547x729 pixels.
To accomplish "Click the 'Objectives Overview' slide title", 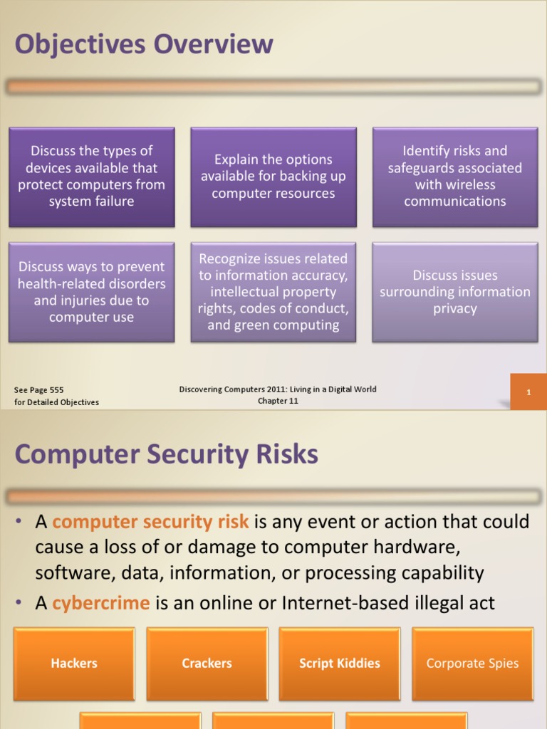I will (x=144, y=45).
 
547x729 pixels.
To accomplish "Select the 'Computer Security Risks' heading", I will (x=166, y=454).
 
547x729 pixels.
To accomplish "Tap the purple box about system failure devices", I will (x=91, y=177).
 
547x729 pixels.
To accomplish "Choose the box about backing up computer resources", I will (x=273, y=177).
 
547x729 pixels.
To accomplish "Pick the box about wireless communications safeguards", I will (x=455, y=177).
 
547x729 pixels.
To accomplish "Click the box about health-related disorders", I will (x=91, y=292).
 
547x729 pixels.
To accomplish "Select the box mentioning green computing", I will (x=273, y=292).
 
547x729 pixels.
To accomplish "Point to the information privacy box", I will (x=455, y=292).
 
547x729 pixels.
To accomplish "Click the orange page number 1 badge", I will (x=528, y=392).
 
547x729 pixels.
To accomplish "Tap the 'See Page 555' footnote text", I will (x=39, y=390).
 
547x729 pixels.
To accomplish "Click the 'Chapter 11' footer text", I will (x=278, y=401).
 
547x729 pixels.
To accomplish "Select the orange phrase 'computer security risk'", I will (x=150, y=522).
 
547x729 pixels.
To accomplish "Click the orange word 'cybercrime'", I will (x=101, y=604).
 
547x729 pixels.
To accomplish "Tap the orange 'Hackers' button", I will (x=74, y=664).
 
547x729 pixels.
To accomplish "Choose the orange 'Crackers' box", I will (x=207, y=664).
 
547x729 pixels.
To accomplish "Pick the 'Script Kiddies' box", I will (x=340, y=664).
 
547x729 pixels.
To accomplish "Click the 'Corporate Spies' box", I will (x=472, y=664).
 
